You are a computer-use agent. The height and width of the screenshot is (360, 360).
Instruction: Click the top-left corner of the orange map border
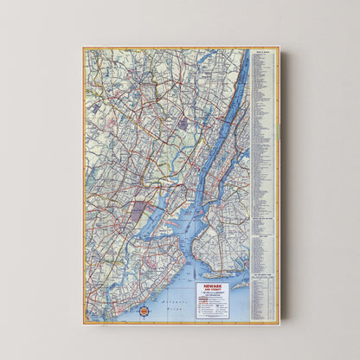tap(84, 48)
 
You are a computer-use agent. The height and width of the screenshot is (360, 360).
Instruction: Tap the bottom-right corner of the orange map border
tap(279, 323)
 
